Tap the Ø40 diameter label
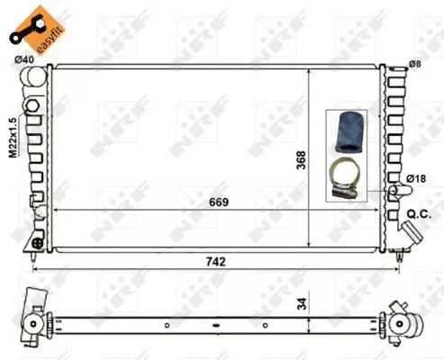click(x=24, y=61)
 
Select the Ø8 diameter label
click(x=414, y=64)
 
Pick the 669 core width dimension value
click(x=218, y=202)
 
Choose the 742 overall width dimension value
click(x=216, y=261)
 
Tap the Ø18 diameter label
click(x=415, y=179)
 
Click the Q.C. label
click(x=420, y=213)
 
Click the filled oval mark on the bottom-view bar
click(x=216, y=325)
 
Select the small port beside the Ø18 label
click(x=395, y=192)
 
